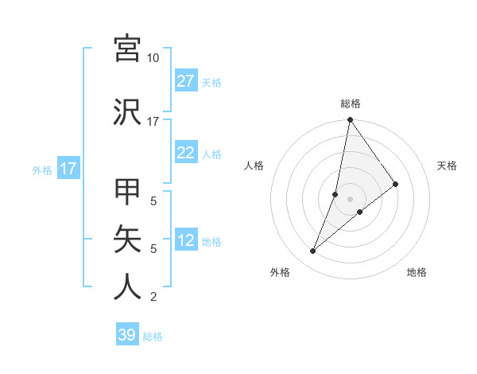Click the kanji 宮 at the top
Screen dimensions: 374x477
(127, 49)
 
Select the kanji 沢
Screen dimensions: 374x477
(127, 111)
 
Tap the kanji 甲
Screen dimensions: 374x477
(127, 193)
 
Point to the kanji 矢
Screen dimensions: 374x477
(127, 240)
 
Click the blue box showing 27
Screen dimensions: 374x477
(186, 82)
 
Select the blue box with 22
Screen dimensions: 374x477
(186, 154)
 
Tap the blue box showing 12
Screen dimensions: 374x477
(186, 241)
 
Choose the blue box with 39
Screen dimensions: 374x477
(127, 335)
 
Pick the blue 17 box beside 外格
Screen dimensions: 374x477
(68, 169)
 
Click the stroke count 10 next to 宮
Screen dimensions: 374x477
(153, 58)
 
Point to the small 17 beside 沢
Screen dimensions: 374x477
(153, 122)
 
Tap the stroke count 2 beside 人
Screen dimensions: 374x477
(153, 297)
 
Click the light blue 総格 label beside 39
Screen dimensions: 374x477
(153, 337)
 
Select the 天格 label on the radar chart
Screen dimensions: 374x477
(447, 166)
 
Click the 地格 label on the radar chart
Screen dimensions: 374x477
(417, 272)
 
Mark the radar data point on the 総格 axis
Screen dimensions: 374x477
(350, 120)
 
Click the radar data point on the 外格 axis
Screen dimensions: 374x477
(312, 251)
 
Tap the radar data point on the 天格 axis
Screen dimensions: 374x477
(396, 184)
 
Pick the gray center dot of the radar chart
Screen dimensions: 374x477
(350, 199)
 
